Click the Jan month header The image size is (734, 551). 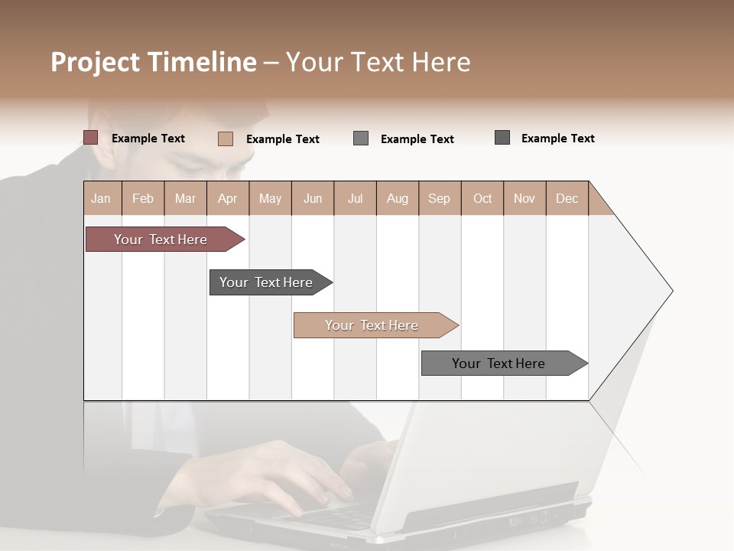click(x=102, y=198)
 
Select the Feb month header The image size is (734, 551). click(x=143, y=198)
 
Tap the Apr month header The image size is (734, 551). click(x=228, y=198)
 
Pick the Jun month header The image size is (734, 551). click(x=313, y=198)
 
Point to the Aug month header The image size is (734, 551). click(x=398, y=198)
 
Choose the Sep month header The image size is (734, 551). click(x=440, y=198)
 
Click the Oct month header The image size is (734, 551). click(x=482, y=198)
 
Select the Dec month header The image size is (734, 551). click(x=567, y=198)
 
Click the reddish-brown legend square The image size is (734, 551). click(x=91, y=138)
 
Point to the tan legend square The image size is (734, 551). click(x=226, y=139)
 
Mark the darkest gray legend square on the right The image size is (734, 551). click(x=502, y=138)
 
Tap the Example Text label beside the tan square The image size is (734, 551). click(x=283, y=139)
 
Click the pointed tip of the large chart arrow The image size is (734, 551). click(x=670, y=291)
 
